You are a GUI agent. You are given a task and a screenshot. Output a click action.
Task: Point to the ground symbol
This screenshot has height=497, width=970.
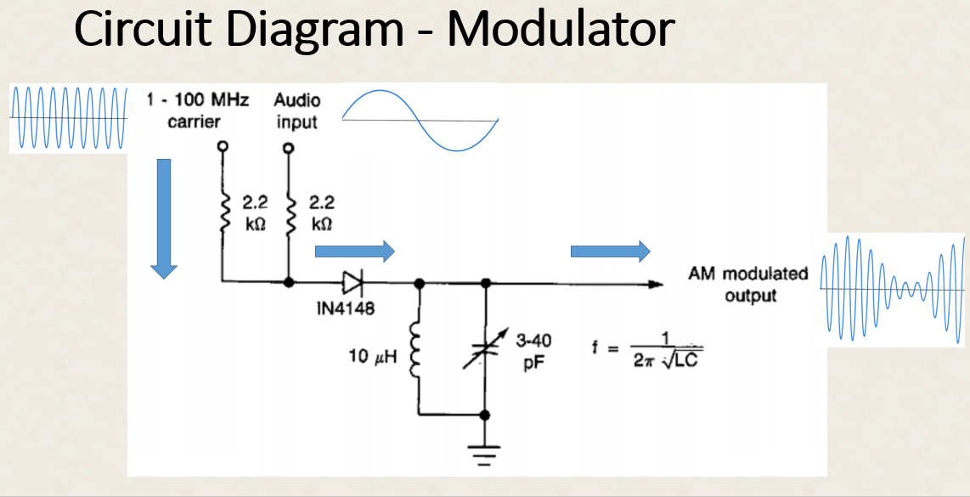point(485,457)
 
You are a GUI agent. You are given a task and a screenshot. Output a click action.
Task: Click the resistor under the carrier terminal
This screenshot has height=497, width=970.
point(223,212)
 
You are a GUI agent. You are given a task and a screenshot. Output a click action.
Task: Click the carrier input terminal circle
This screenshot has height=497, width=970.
point(223,147)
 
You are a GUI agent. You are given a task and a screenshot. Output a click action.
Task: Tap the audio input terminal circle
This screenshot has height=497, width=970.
point(289,149)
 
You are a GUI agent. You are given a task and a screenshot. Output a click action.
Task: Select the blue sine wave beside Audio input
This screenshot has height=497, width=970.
point(420,120)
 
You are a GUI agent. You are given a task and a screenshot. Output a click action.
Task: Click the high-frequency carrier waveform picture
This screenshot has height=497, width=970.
point(68,118)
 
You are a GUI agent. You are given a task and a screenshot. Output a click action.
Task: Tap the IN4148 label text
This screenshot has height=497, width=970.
point(345,308)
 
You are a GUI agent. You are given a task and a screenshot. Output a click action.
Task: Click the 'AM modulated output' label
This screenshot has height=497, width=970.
point(748,285)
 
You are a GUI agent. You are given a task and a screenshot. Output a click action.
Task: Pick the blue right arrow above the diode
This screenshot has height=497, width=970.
point(354,251)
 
